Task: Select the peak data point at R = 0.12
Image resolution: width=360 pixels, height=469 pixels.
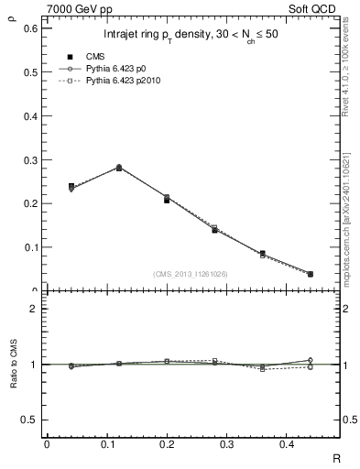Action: [x=119, y=168]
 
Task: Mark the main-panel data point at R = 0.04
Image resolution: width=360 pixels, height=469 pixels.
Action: [x=71, y=187]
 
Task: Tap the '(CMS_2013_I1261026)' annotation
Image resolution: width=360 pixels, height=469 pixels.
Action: [x=190, y=274]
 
